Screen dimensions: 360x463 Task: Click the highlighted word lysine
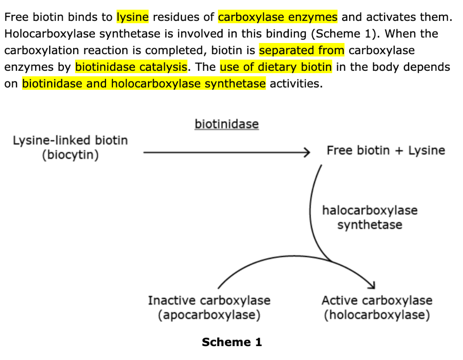click(x=132, y=18)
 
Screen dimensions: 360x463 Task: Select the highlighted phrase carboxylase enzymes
click(x=278, y=18)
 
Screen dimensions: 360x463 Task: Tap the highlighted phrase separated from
click(x=301, y=50)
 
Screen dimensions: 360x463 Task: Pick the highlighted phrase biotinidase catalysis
click(x=131, y=67)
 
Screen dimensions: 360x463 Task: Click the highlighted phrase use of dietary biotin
click(x=276, y=67)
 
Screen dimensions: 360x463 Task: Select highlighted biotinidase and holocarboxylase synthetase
click(x=144, y=84)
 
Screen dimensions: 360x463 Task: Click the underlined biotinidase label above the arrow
click(x=226, y=124)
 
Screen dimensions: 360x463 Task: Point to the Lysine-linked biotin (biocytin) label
click(x=70, y=147)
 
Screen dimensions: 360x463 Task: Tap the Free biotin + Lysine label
click(x=386, y=150)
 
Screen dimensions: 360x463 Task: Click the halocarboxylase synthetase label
click(x=369, y=217)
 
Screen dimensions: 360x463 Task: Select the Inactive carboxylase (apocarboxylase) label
click(x=209, y=308)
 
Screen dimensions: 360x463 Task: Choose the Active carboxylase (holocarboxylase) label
click(x=377, y=308)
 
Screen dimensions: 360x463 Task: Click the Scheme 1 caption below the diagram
click(x=231, y=342)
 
